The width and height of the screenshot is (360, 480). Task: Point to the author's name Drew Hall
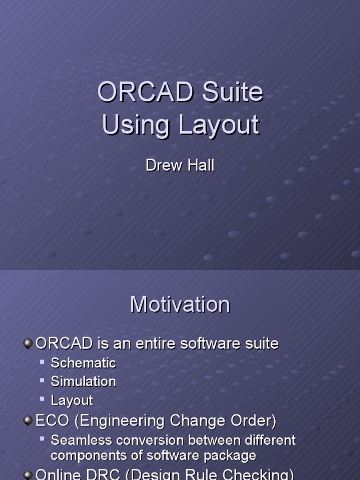click(180, 165)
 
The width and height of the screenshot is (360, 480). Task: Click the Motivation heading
click(180, 305)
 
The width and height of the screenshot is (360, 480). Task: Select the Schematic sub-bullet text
click(83, 363)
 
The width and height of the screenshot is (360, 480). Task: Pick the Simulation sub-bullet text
click(83, 382)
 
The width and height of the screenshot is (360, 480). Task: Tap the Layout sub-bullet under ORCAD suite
click(72, 400)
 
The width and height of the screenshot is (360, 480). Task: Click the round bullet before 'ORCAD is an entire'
click(28, 344)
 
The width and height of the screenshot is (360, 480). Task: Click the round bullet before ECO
click(28, 421)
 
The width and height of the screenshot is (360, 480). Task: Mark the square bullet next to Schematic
click(42, 362)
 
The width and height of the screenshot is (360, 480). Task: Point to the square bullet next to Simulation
click(42, 381)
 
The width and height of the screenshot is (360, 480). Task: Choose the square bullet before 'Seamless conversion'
click(42, 439)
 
